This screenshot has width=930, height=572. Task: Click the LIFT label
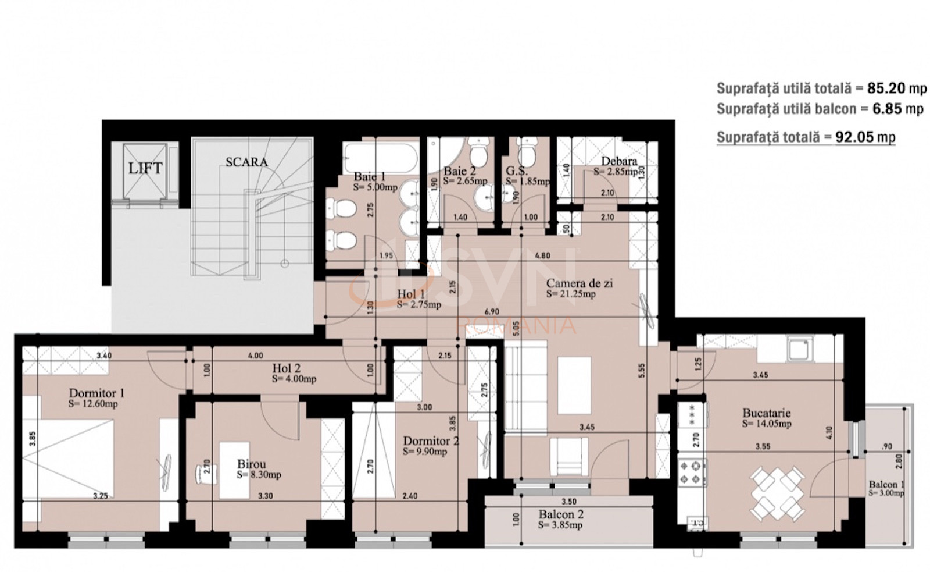click(x=145, y=169)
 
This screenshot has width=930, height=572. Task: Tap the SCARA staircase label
click(x=246, y=162)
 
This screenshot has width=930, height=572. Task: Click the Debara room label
click(x=618, y=161)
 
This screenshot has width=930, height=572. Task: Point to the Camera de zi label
click(x=579, y=283)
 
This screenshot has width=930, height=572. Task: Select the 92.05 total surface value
click(x=857, y=137)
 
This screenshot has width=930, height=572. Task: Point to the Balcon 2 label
click(x=560, y=514)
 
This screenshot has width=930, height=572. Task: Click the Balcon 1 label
click(x=886, y=484)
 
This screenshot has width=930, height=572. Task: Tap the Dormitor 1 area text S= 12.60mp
click(x=93, y=404)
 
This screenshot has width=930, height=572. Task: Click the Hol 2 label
click(x=286, y=368)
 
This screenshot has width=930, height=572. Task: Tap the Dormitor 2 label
click(x=430, y=441)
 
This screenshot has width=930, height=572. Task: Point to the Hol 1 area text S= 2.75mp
click(x=419, y=304)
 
